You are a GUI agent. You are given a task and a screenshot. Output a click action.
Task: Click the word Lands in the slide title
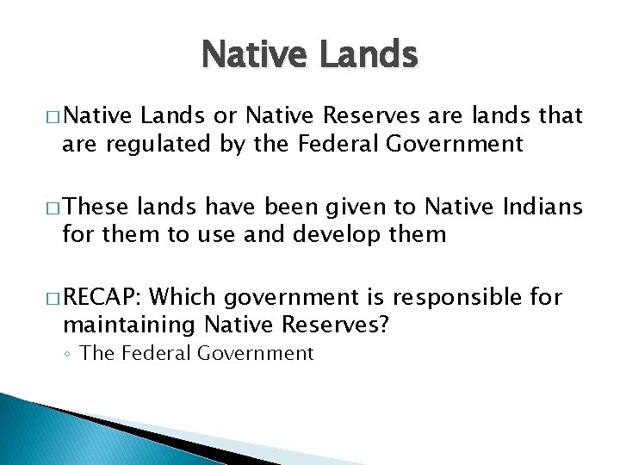click(x=369, y=56)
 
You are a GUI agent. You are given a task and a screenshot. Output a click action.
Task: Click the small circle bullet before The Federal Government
click(x=69, y=354)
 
